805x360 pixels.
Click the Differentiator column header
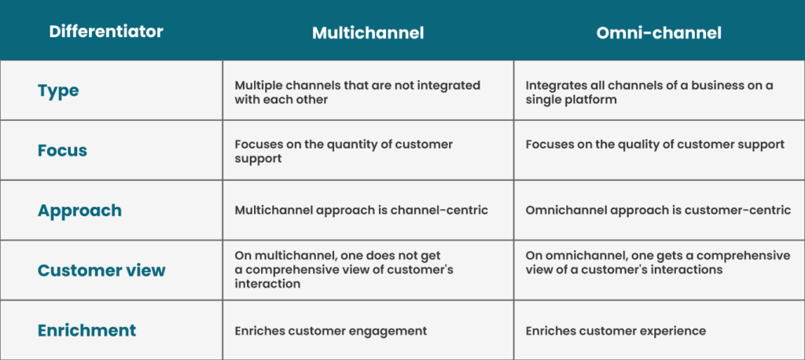106,31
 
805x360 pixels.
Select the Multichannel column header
368,33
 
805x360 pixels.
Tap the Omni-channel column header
660,33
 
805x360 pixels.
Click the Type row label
58,91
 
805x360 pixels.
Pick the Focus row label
63,150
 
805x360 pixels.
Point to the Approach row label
79,211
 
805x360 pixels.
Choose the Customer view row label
101,270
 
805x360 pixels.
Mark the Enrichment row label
86,330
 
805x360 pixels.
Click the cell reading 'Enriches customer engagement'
331,331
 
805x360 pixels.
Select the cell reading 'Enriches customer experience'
616,331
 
